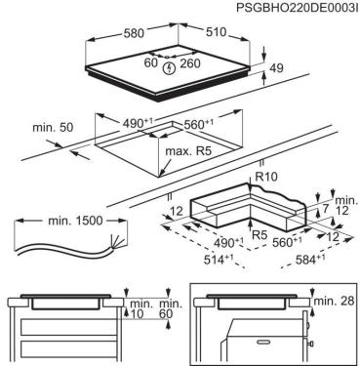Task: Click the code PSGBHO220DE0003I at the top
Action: coord(297,8)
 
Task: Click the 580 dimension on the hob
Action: coord(133,33)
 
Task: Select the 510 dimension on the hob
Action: coord(216,31)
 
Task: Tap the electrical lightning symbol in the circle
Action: coord(170,68)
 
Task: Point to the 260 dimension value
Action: coord(190,63)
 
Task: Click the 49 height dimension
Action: coord(276,67)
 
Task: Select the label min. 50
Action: coord(53,128)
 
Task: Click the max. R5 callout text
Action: coord(188,151)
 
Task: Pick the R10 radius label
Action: coord(266,177)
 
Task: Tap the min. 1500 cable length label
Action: coord(75,221)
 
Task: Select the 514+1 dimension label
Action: coord(219,260)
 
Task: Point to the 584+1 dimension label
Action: coord(310,260)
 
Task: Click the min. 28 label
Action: coord(334,301)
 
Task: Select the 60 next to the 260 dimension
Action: coord(151,62)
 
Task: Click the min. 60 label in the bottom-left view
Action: coord(171,309)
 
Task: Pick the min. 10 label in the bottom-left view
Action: coord(141,309)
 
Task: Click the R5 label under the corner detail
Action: coord(260,235)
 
